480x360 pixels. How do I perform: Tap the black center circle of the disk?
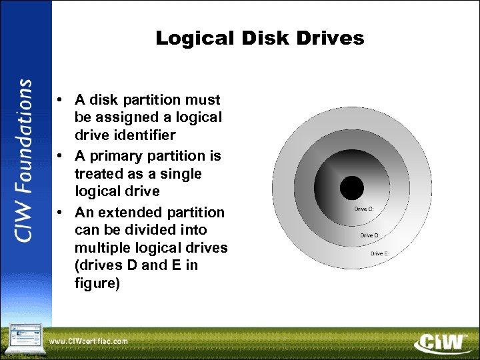click(352, 188)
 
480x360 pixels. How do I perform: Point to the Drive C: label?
click(364, 209)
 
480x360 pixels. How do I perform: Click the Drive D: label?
click(371, 235)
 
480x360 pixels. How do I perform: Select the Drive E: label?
click(380, 253)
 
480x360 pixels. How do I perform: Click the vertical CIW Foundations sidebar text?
click(25, 161)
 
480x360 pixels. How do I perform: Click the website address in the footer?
click(89, 341)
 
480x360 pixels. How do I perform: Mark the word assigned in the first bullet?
click(129, 118)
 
